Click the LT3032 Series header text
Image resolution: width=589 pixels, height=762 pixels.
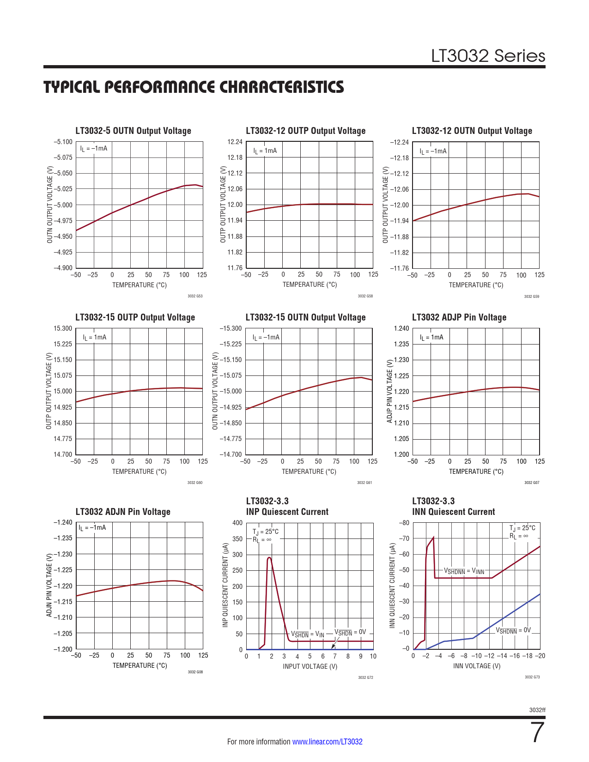[488, 56]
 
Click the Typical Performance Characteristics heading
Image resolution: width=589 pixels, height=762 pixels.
[194, 87]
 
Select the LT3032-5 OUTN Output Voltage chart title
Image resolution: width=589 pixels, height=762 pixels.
[133, 131]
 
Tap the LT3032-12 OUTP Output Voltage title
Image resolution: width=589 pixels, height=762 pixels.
[305, 131]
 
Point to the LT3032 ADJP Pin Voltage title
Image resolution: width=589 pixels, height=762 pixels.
[459, 317]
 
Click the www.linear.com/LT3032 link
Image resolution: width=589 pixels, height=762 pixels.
[327, 742]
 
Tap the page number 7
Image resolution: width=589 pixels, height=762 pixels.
[538, 733]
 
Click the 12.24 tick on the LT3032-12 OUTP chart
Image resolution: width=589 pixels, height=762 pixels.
[235, 142]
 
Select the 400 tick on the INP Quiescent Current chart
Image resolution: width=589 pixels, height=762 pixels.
[237, 523]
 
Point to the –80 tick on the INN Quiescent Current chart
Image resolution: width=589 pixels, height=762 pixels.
[404, 523]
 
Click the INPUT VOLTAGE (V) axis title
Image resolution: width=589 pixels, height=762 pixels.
[310, 666]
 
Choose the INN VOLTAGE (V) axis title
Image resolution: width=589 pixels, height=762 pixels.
[477, 666]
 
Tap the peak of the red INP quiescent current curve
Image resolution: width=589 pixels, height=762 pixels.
[269, 557]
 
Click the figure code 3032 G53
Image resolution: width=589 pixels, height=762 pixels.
[195, 296]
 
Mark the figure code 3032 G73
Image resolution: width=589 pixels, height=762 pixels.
[532, 677]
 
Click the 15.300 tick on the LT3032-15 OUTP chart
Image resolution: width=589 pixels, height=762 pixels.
[63, 328]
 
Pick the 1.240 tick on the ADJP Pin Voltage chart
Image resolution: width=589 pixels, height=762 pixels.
[401, 328]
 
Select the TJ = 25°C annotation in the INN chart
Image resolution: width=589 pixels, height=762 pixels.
[522, 528]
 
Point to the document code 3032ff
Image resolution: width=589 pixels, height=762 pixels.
[537, 710]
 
